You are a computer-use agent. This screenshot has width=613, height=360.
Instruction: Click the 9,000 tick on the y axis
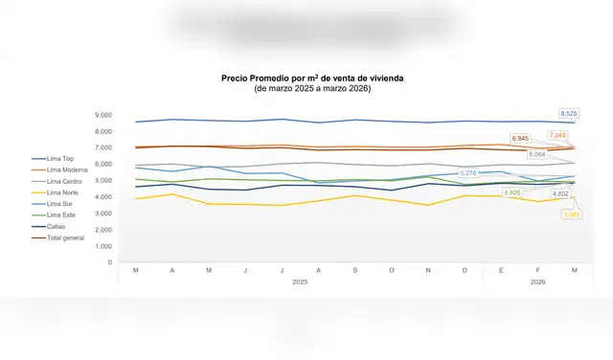pyautogui.click(x=102, y=115)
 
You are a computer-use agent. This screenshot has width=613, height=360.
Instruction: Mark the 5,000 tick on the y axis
pyautogui.click(x=102, y=180)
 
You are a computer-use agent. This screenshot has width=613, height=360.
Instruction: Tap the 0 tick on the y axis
pyautogui.click(x=110, y=261)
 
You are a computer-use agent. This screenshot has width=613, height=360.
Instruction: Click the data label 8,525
pyautogui.click(x=568, y=113)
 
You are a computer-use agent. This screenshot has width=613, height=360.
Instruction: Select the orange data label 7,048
pyautogui.click(x=557, y=135)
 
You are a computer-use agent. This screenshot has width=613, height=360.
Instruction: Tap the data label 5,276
pyautogui.click(x=468, y=173)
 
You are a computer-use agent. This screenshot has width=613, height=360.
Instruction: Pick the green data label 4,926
pyautogui.click(x=512, y=192)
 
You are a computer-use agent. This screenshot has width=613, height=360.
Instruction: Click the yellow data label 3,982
pyautogui.click(x=573, y=214)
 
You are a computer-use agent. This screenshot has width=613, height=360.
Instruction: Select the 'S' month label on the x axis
pyautogui.click(x=354, y=271)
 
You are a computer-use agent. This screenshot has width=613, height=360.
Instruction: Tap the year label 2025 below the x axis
pyautogui.click(x=300, y=282)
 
